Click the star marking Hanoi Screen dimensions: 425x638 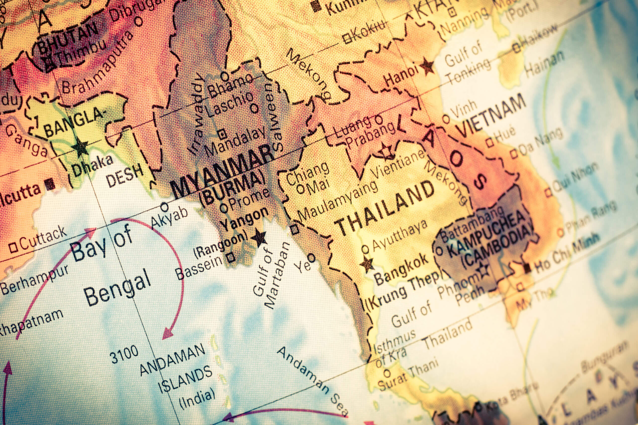(427, 67)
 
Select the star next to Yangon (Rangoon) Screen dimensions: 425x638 (259, 238)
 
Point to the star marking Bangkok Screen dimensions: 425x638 (367, 264)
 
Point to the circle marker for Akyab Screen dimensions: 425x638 (164, 207)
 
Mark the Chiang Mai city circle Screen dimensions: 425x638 (300, 189)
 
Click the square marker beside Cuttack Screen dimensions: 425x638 (13, 247)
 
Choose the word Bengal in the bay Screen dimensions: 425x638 (117, 288)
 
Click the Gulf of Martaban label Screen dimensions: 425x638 (271, 275)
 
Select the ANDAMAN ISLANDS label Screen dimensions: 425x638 (176, 369)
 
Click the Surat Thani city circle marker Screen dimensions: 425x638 (387, 373)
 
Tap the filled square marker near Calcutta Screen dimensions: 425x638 (50, 184)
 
